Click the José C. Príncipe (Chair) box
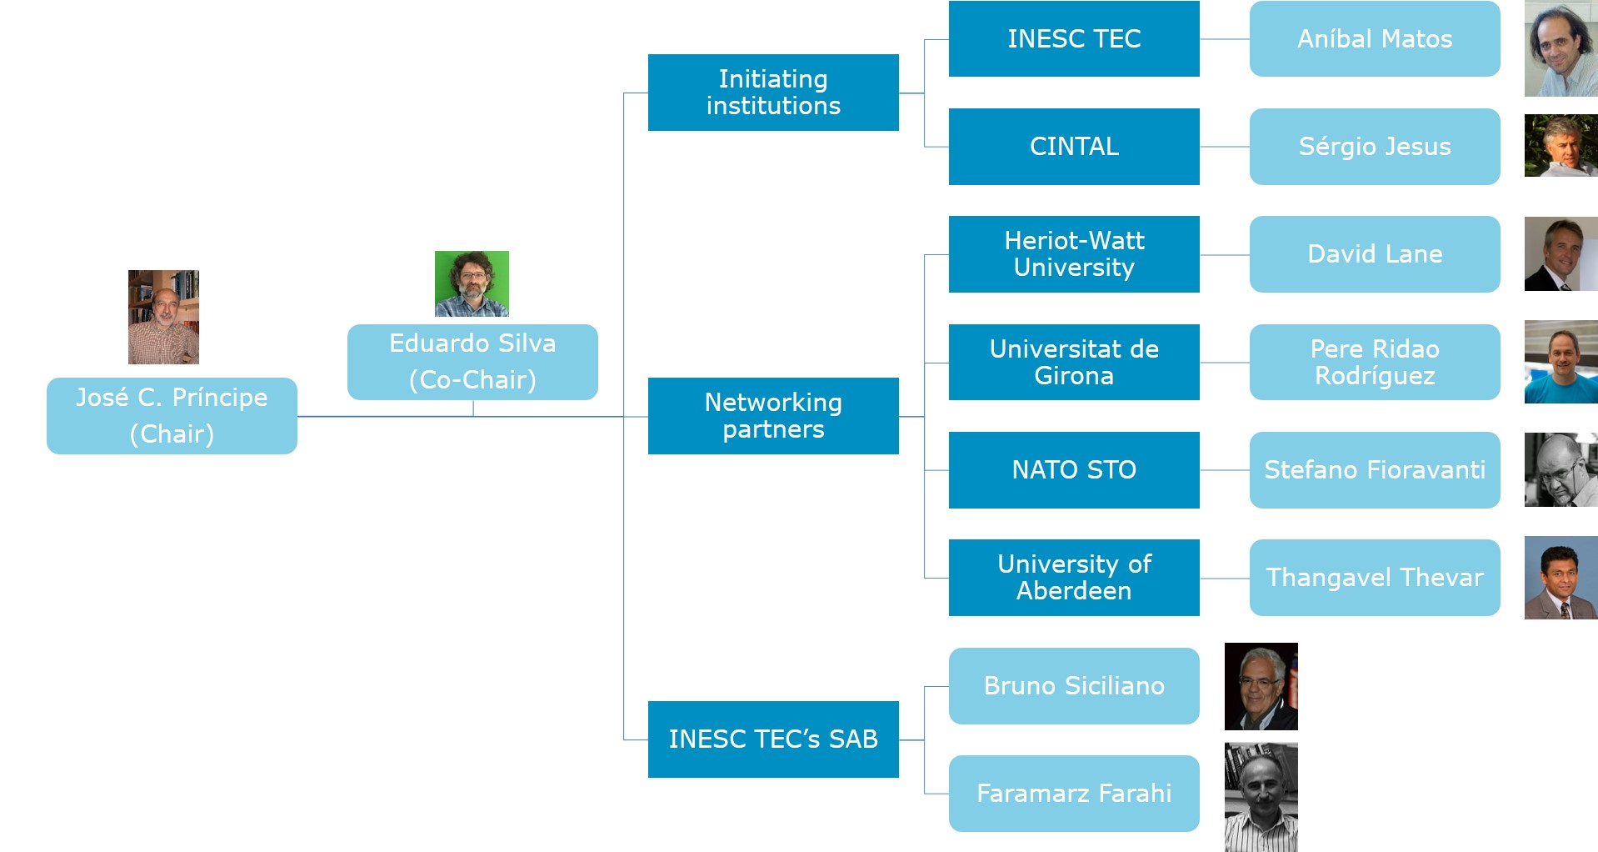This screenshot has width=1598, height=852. pyautogui.click(x=172, y=415)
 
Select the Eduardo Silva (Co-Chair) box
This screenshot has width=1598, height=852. pyautogui.click(x=472, y=362)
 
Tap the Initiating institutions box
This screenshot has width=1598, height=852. pyautogui.click(x=773, y=93)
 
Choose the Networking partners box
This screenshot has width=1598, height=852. pyautogui.click(x=773, y=415)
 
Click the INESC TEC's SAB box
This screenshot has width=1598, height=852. pyautogui.click(x=773, y=739)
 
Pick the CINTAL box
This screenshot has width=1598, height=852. pyautogui.click(x=1074, y=147)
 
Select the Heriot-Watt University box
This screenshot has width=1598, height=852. pyautogui.click(x=1074, y=254)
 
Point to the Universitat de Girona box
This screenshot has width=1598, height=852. pyautogui.click(x=1074, y=362)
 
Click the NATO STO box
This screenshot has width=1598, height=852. pyautogui.click(x=1074, y=469)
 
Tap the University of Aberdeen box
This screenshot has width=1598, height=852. pyautogui.click(x=1074, y=577)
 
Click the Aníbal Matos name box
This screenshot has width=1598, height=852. pyautogui.click(x=1375, y=39)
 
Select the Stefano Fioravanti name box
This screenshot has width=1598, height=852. pyautogui.click(x=1375, y=469)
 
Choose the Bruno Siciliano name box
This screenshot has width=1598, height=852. pyautogui.click(x=1074, y=685)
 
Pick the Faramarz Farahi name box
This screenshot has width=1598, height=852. pyautogui.click(x=1074, y=793)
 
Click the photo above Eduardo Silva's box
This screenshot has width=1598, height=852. pyautogui.click(x=472, y=283)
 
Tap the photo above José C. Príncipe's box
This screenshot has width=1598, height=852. pyautogui.click(x=163, y=317)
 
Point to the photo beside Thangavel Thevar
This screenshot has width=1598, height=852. pyautogui.click(x=1561, y=577)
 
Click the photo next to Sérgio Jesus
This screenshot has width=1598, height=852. pyautogui.click(x=1561, y=146)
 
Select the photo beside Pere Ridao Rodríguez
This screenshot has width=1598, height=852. pyautogui.click(x=1561, y=362)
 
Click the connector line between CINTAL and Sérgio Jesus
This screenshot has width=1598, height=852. pyautogui.click(x=1225, y=147)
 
